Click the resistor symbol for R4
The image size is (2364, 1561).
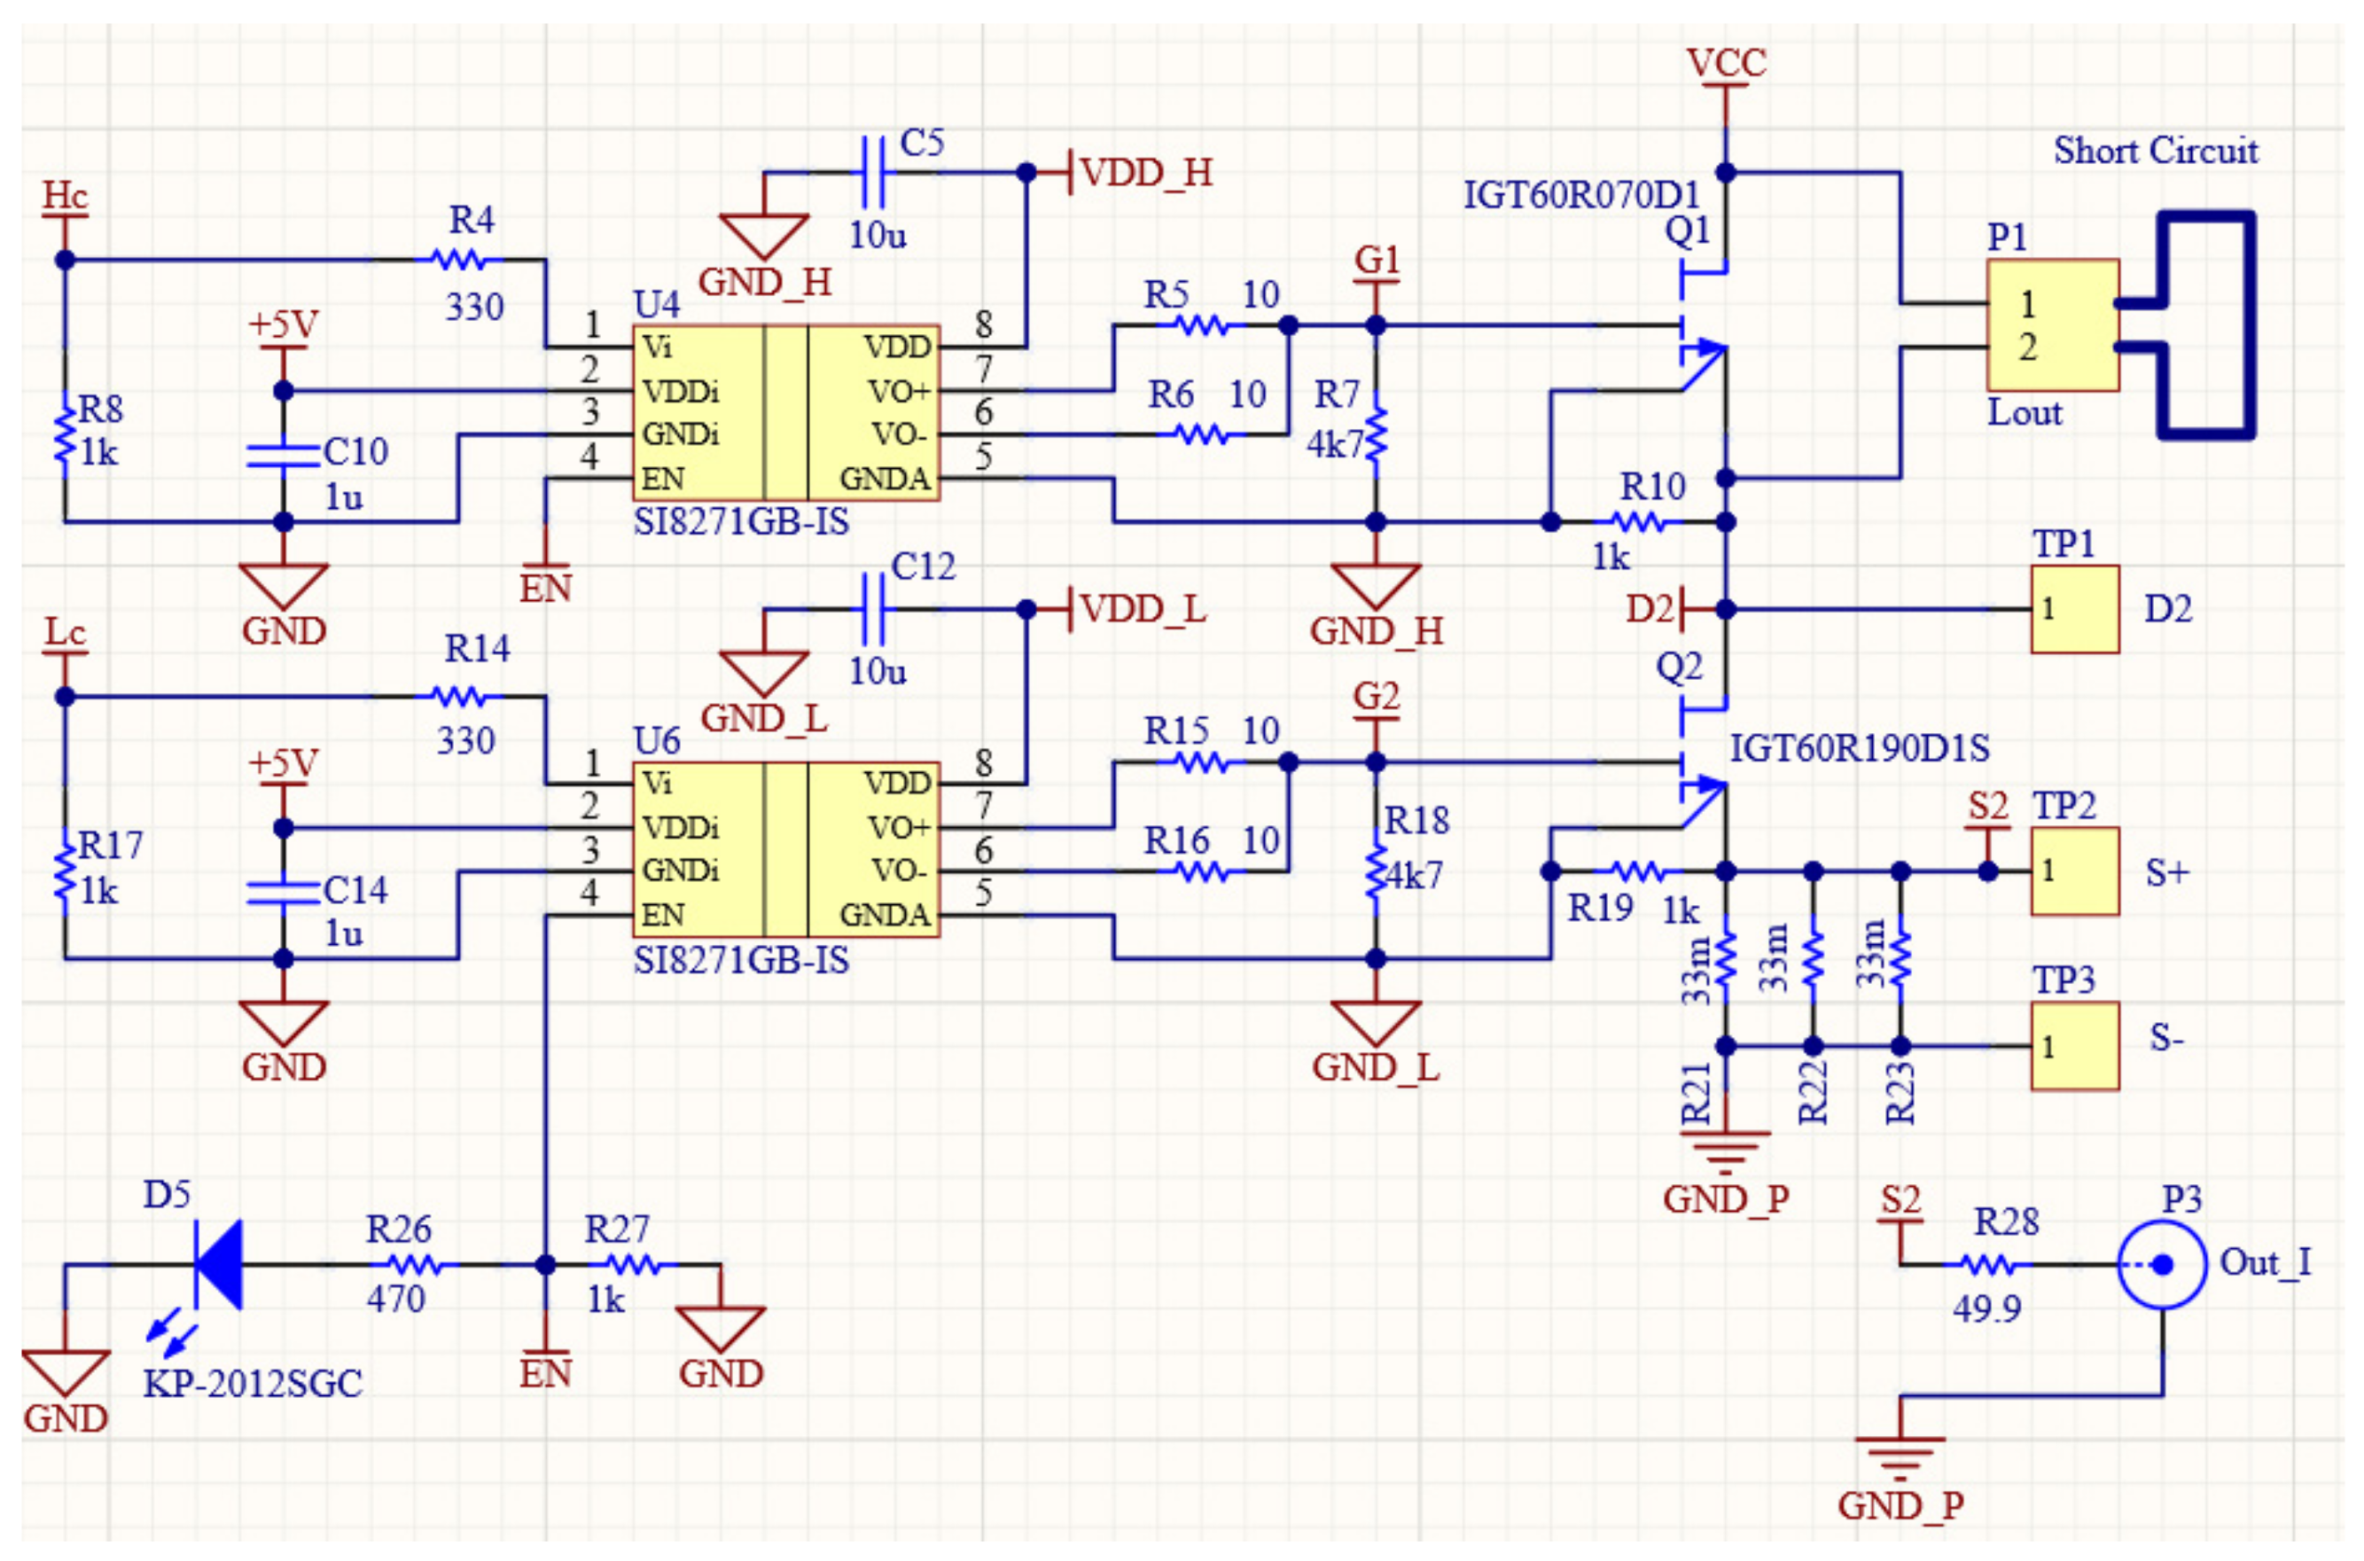pyautogui.click(x=459, y=261)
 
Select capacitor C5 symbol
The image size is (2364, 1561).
pyautogui.click(x=873, y=172)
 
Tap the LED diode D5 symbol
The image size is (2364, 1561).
pyautogui.click(x=218, y=1265)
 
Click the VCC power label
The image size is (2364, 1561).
pyautogui.click(x=1725, y=63)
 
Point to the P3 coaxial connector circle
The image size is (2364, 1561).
pyautogui.click(x=2162, y=1265)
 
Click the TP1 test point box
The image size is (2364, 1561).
pyautogui.click(x=2074, y=609)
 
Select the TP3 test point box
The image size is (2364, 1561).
pyautogui.click(x=2074, y=1046)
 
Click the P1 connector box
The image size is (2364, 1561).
pyautogui.click(x=2053, y=325)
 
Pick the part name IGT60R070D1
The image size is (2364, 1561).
pyautogui.click(x=1580, y=195)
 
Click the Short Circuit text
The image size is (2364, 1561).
pyautogui.click(x=2156, y=152)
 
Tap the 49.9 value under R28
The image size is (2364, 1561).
pyautogui.click(x=1986, y=1308)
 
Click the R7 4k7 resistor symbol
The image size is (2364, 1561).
pyautogui.click(x=1376, y=434)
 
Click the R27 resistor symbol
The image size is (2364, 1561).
pyautogui.click(x=633, y=1265)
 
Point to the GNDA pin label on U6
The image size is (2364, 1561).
pyautogui.click(x=884, y=915)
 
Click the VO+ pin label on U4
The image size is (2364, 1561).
pyautogui.click(x=898, y=391)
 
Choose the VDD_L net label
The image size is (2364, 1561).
pyautogui.click(x=1143, y=608)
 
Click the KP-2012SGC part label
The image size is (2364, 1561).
pyautogui.click(x=253, y=1384)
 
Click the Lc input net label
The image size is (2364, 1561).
pyautogui.click(x=65, y=632)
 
